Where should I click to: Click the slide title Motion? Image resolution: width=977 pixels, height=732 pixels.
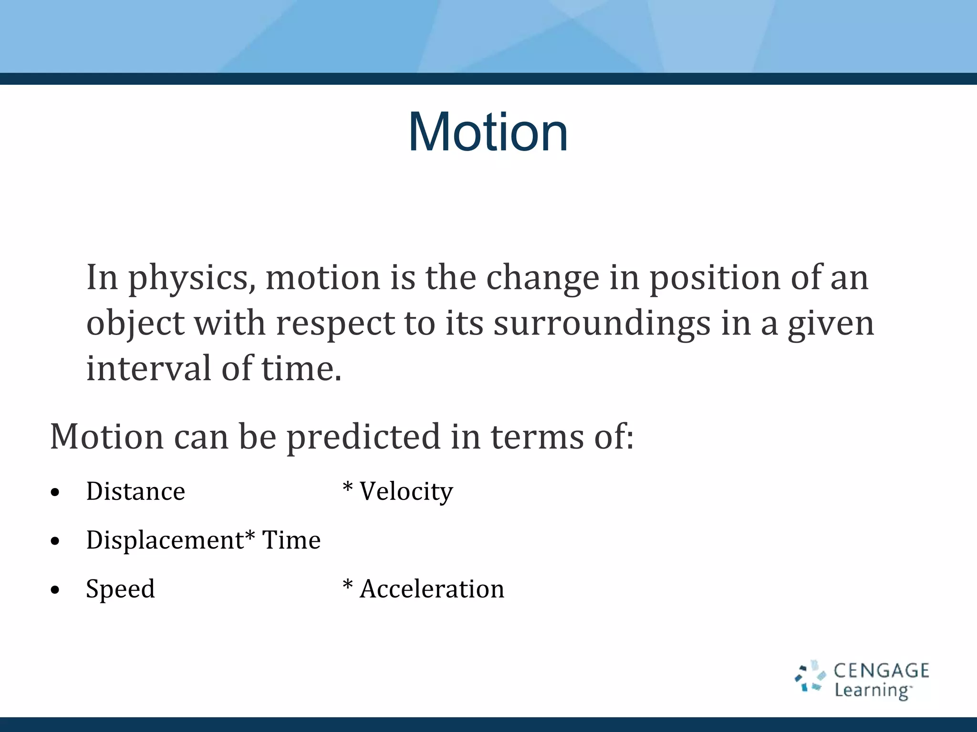[x=488, y=132]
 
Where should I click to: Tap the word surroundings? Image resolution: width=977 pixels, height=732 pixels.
[x=602, y=324]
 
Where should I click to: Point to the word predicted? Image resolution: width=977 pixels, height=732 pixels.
[x=363, y=437]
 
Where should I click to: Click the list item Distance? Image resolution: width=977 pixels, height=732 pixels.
[x=135, y=491]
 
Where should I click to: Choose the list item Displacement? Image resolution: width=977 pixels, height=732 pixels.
[x=165, y=540]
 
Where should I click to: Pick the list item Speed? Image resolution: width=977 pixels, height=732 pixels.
[x=120, y=589]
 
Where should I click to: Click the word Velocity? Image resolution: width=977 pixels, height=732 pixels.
[x=406, y=491]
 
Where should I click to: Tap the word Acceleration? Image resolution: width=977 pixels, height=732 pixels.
[x=432, y=589]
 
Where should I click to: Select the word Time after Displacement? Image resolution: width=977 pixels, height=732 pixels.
[x=291, y=540]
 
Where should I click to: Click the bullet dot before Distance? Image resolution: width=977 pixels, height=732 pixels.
[x=55, y=492]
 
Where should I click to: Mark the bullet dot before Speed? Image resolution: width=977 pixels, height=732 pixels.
[x=55, y=590]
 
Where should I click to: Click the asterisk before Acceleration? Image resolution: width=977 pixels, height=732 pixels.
[x=348, y=584]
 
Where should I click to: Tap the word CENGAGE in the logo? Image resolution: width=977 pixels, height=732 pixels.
[x=881, y=671]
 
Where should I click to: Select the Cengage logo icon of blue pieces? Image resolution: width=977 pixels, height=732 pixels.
[x=810, y=676]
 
